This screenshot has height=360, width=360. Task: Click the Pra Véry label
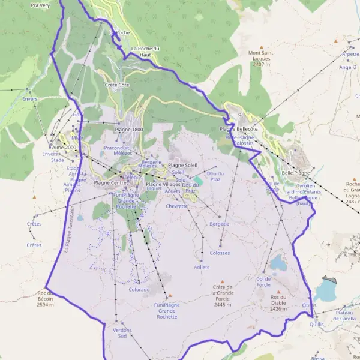coord(40,5)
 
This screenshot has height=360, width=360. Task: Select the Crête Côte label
coord(117,85)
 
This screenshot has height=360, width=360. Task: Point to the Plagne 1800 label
coord(129,130)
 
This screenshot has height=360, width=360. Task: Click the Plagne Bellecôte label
coord(238,129)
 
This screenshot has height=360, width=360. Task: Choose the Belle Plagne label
coord(296,172)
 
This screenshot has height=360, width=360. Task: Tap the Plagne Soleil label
coord(182,165)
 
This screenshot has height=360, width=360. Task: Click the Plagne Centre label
coord(110,182)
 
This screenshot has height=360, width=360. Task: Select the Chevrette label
coord(176,206)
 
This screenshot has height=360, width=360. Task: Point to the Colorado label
coord(139,290)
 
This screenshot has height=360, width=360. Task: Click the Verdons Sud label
coord(122,333)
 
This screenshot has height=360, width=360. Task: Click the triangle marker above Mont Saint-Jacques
coord(262,46)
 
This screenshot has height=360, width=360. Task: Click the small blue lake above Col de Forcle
coord(277,263)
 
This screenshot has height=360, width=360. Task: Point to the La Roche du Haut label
coord(145,51)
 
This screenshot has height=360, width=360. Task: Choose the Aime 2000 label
coord(64,147)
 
